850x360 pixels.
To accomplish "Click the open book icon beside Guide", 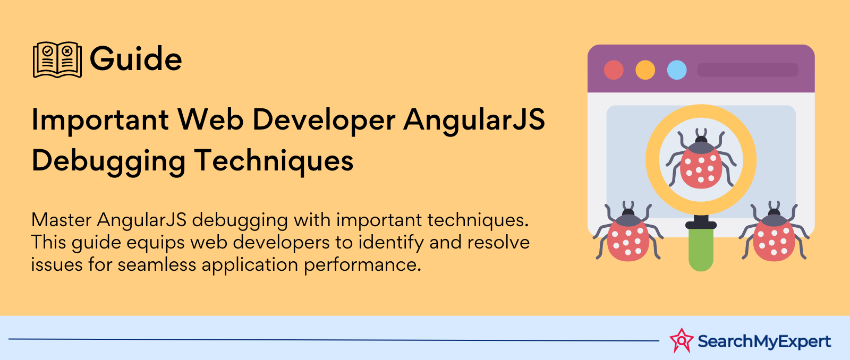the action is click(57, 59).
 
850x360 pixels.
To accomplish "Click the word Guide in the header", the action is click(136, 59).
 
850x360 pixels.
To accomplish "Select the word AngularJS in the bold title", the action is click(474, 121).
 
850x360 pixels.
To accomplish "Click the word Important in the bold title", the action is click(100, 121).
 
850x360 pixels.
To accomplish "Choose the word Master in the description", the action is click(61, 220).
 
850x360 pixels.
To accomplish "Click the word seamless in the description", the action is click(157, 264).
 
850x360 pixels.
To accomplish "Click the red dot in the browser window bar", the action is click(614, 70).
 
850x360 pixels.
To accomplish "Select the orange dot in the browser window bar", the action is click(645, 70).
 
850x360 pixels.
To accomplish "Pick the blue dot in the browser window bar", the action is click(677, 70).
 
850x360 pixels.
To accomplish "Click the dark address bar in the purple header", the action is click(747, 70).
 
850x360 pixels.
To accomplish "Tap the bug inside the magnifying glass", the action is click(701, 159).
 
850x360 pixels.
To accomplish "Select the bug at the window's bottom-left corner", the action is click(628, 232).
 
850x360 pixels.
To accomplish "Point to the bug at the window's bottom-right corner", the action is click(774, 232).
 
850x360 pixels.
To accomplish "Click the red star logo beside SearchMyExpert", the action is click(682, 341).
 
